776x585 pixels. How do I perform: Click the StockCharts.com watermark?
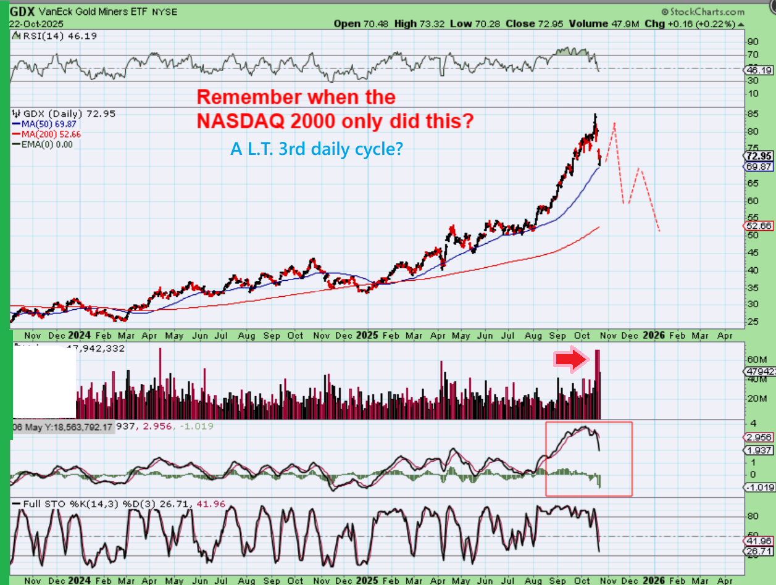703,12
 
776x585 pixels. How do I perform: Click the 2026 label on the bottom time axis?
654,579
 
